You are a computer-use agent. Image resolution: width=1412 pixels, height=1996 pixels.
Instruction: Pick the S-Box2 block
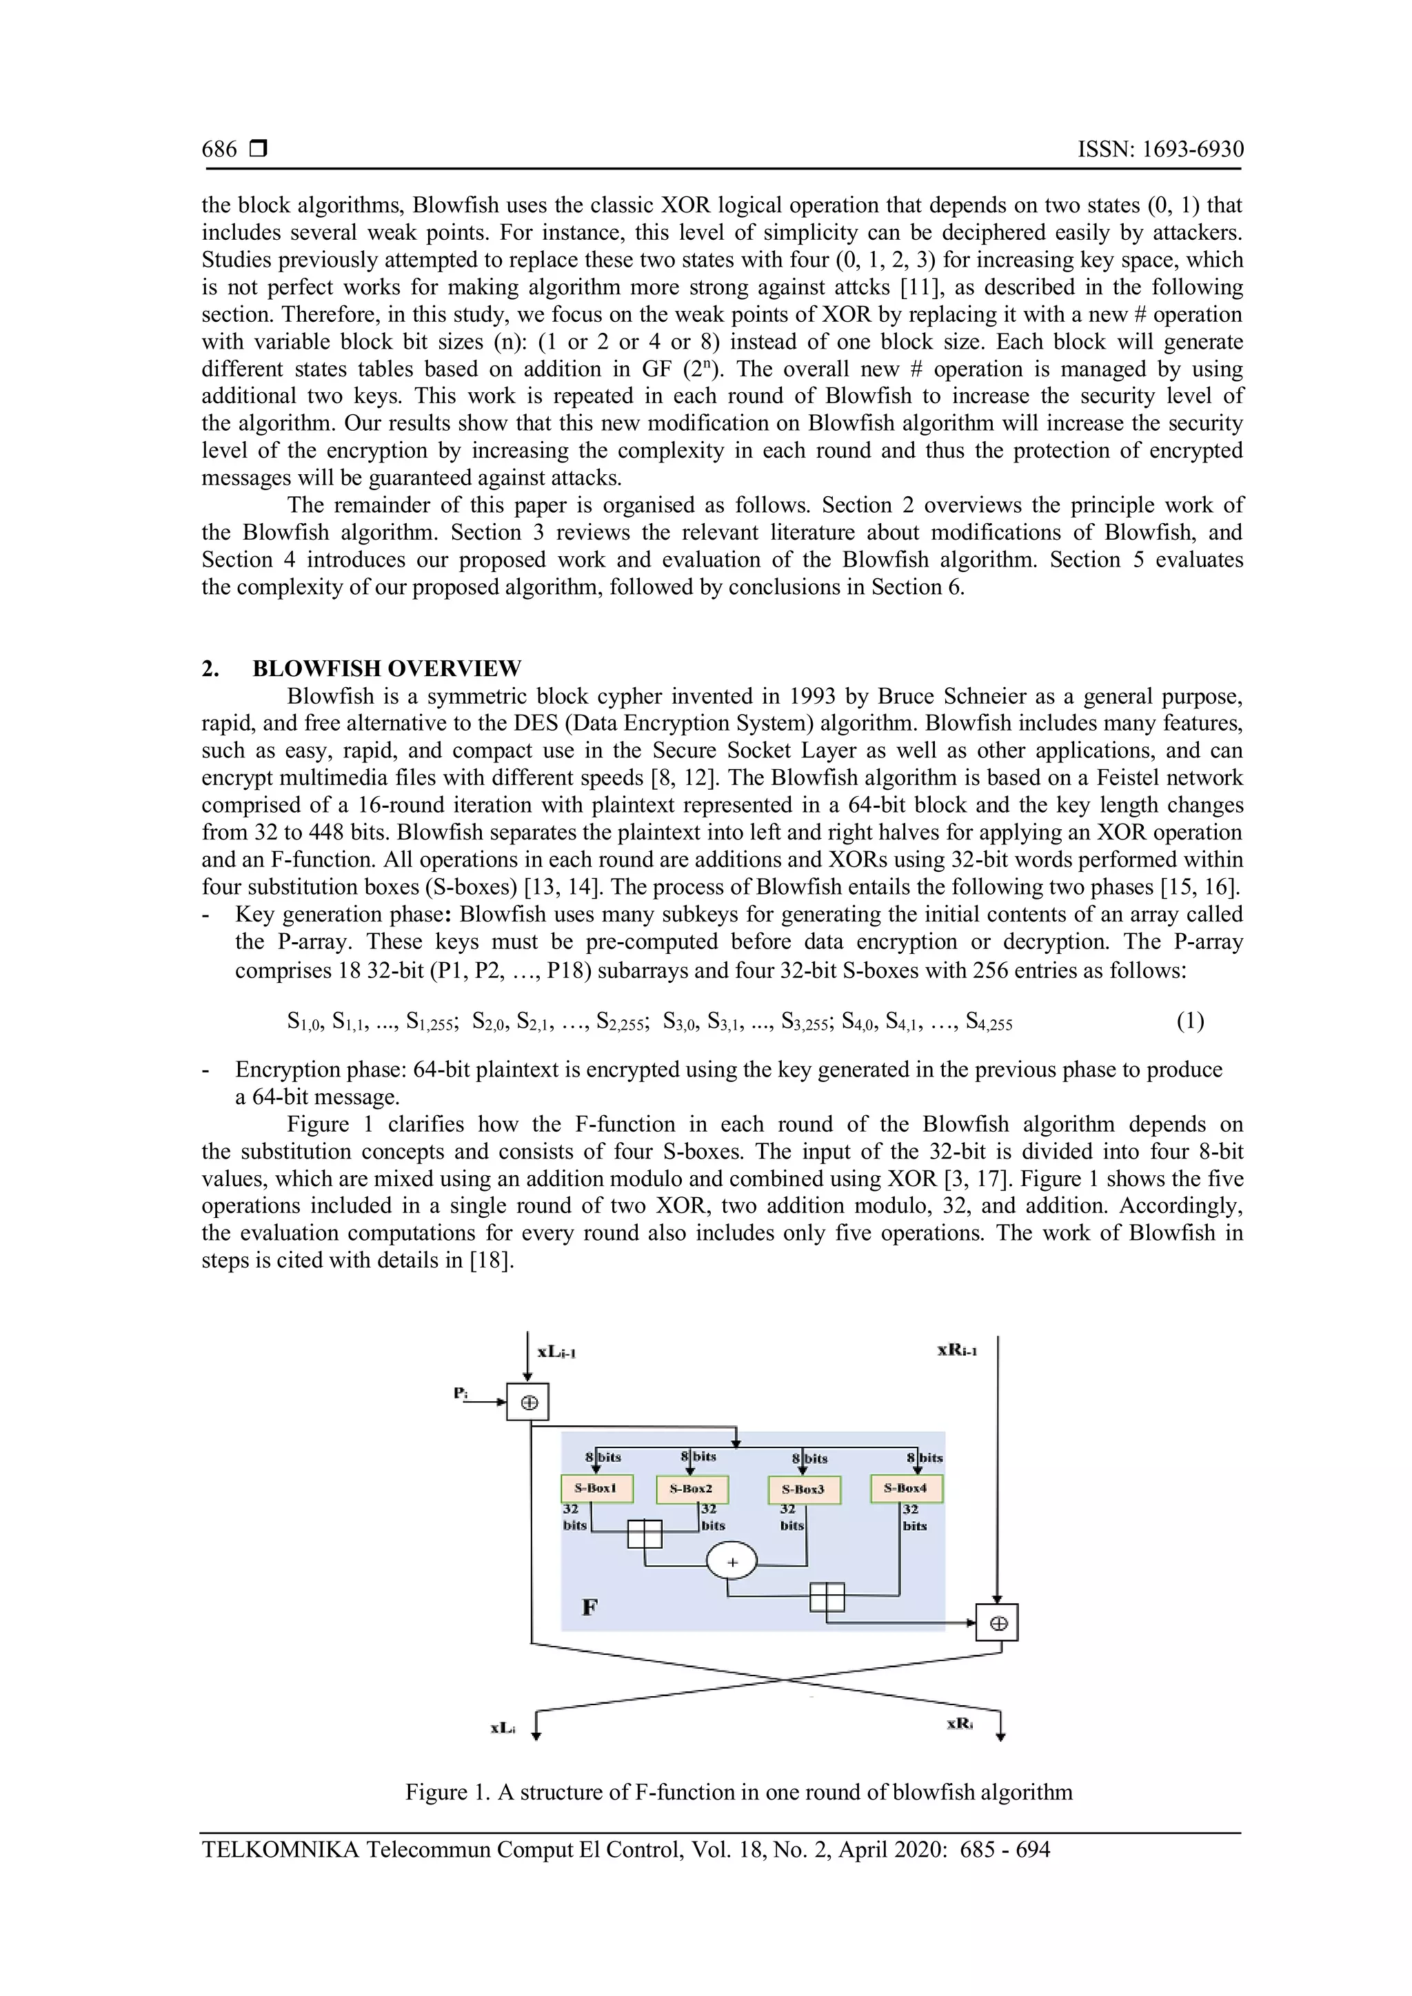coord(692,1489)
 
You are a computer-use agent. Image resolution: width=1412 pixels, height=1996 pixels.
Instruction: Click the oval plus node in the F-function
coord(732,1563)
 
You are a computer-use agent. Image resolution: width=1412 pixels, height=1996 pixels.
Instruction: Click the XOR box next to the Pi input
coord(527,1401)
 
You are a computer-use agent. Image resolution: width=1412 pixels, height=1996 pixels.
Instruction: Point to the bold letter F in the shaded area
coord(589,1607)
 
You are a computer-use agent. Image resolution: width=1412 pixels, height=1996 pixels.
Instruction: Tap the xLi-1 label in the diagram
coord(557,1352)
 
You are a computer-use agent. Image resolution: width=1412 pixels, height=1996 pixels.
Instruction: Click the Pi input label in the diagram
coord(461,1394)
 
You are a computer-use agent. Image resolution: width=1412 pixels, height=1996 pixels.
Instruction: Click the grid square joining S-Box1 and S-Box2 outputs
coord(644,1534)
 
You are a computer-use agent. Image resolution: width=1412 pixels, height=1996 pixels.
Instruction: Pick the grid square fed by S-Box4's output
coord(827,1597)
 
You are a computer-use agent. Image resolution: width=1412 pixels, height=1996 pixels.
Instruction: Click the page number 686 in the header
coord(219,150)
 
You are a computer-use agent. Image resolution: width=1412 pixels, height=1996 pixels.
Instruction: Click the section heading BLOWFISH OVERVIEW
coord(387,669)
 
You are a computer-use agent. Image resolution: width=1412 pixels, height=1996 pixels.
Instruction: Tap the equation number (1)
coord(1190,1021)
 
